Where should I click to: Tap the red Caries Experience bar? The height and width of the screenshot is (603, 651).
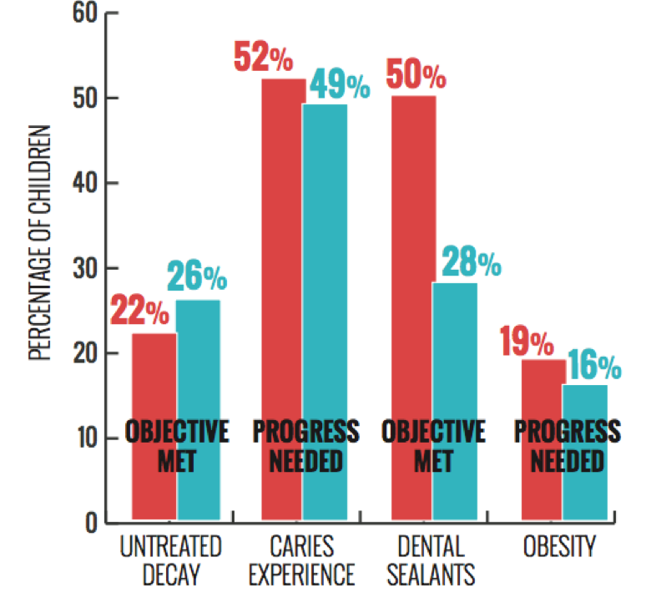click(x=283, y=251)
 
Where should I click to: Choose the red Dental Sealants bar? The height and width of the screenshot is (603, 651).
click(x=413, y=251)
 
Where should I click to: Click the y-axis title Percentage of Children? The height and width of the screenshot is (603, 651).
click(x=39, y=242)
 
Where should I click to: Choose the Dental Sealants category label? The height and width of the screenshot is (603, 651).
click(x=433, y=560)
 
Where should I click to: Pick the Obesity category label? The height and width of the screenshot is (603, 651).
click(x=560, y=548)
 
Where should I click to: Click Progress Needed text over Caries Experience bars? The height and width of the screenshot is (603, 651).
click(x=305, y=446)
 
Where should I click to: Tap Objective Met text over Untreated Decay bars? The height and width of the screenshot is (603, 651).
click(x=176, y=446)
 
